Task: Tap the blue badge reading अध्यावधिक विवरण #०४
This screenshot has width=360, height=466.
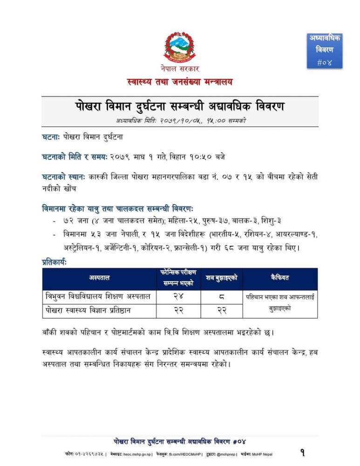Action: tap(325, 50)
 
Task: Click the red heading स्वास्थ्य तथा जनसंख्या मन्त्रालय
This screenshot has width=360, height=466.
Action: tap(180, 82)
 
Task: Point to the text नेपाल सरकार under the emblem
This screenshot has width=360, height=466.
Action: tap(180, 69)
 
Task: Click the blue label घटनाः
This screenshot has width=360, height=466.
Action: tap(51, 137)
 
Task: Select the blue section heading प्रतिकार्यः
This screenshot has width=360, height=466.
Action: tap(54, 263)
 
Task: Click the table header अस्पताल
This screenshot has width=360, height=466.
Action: tap(99, 278)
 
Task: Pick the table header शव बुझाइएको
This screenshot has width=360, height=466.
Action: tap(222, 278)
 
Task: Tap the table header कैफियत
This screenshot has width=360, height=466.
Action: tap(280, 278)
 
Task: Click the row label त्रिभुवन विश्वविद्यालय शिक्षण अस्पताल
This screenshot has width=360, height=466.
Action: tap(99, 296)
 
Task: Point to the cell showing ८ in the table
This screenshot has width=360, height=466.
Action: tap(222, 296)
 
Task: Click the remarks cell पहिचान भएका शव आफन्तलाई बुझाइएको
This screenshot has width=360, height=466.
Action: tap(280, 303)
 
